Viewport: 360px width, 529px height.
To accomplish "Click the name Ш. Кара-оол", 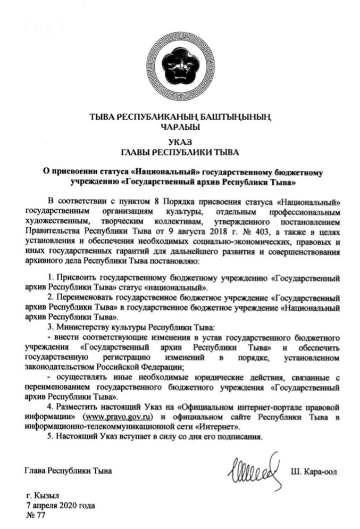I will (314, 472).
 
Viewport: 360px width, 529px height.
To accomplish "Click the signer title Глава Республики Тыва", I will (69, 472).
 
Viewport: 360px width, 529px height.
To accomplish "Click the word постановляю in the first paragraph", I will (177, 261).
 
